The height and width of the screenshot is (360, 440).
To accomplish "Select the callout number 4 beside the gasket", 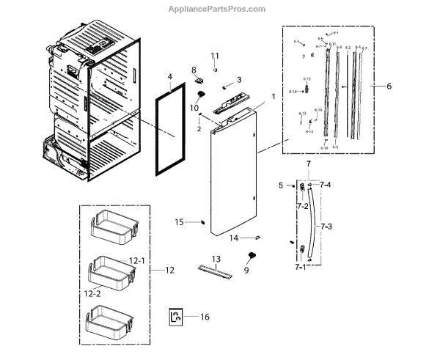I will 169,76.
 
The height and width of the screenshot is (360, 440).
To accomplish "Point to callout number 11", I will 216,56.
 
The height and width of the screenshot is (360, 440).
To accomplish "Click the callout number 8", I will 194,70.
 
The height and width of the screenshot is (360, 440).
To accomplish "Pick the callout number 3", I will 238,79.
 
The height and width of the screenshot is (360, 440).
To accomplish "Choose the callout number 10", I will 194,108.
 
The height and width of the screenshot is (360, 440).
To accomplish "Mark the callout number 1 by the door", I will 274,96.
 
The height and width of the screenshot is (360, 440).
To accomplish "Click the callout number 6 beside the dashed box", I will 389,86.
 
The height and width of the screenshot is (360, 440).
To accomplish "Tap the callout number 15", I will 178,222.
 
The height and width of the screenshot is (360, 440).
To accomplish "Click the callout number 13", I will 216,260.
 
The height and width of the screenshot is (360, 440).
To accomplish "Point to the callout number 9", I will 246,271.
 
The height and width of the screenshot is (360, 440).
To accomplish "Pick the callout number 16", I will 205,317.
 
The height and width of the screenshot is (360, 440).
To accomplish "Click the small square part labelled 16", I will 176,317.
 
